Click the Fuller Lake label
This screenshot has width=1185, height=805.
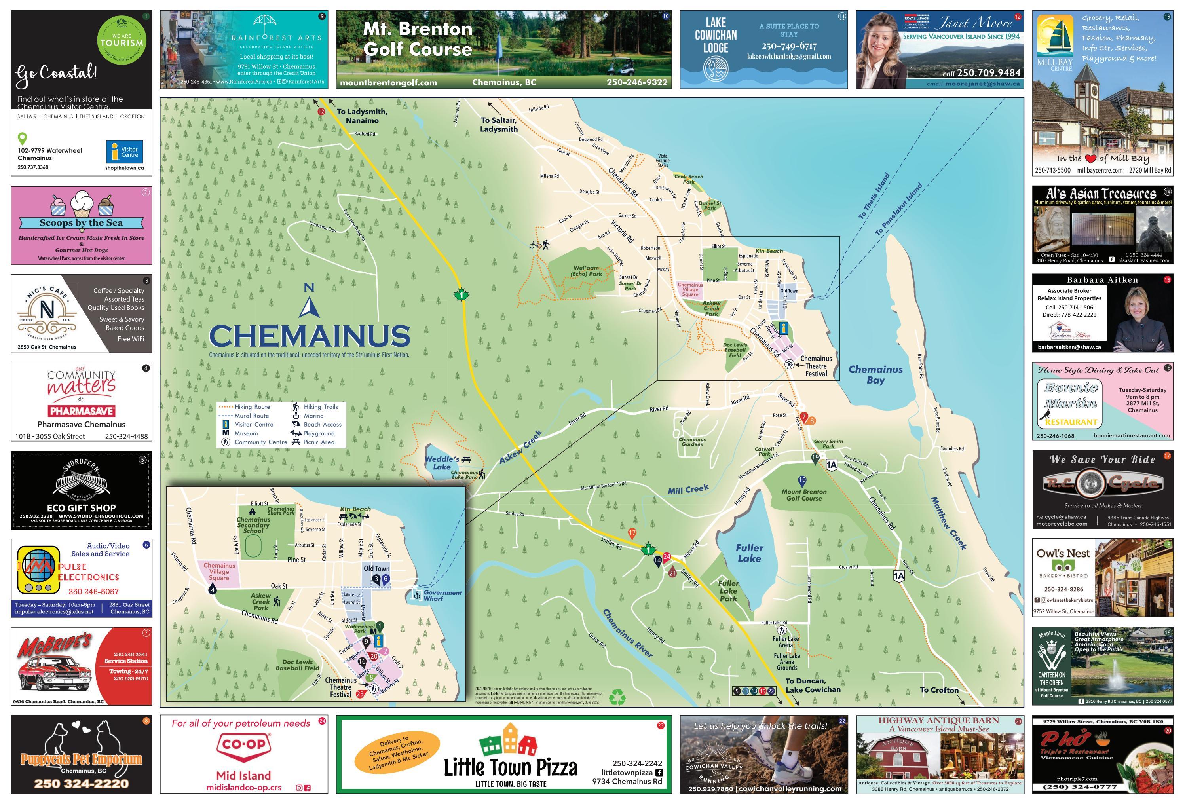coord(749,553)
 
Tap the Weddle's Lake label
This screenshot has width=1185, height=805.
coord(442,463)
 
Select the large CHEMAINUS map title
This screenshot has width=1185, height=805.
coord(310,336)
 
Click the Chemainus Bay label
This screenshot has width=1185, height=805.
coord(875,374)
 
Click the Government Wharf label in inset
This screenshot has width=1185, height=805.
coord(442,596)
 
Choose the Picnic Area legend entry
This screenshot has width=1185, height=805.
coord(319,442)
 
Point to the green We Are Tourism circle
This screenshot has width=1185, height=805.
coord(122,40)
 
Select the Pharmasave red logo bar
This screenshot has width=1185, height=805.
coord(82,411)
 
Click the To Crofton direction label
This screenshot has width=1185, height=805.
coord(939,690)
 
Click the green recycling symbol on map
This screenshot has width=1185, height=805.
coord(617,697)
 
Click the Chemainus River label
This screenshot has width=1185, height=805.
coord(627,633)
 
